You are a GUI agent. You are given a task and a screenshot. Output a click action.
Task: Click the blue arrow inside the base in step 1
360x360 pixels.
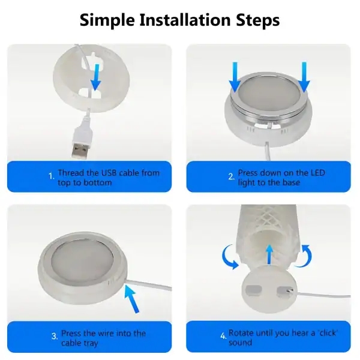(x=95, y=77)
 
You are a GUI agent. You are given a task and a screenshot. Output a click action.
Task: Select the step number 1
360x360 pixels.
(x=52, y=177)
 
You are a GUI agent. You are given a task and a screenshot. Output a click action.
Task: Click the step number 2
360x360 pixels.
(x=231, y=177)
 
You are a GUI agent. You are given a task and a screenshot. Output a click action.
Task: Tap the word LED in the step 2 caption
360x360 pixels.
(x=316, y=173)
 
